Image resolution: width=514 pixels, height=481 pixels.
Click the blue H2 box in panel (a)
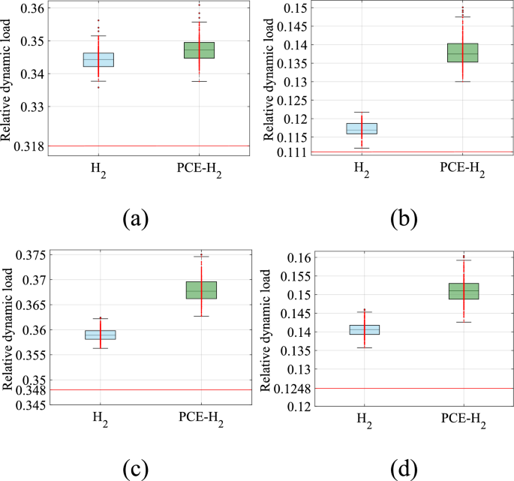pos(99,60)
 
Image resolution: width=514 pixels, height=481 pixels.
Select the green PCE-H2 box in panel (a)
pos(200,50)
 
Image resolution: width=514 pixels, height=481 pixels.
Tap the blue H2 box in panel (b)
pos(362,128)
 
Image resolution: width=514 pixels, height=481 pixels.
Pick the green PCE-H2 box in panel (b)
pos(462,53)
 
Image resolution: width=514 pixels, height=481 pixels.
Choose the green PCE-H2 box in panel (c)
pos(200,290)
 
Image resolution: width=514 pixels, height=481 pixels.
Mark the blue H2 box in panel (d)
pos(365,329)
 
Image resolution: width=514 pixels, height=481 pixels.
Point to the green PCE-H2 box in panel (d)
pos(464,291)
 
